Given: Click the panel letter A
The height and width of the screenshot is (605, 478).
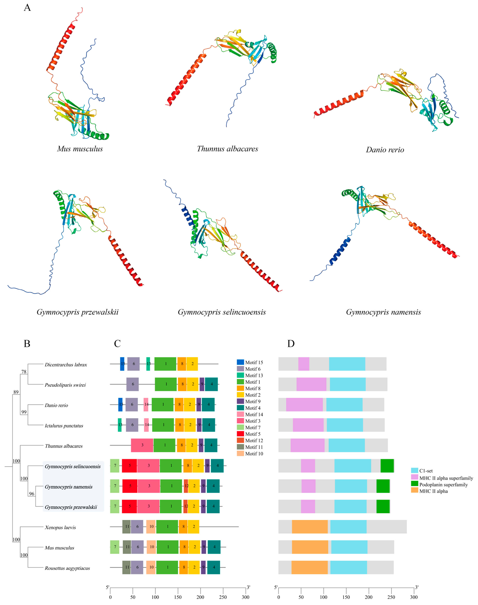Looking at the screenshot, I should (x=27, y=8).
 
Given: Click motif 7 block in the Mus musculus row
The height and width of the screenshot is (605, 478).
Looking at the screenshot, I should (x=115, y=547).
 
